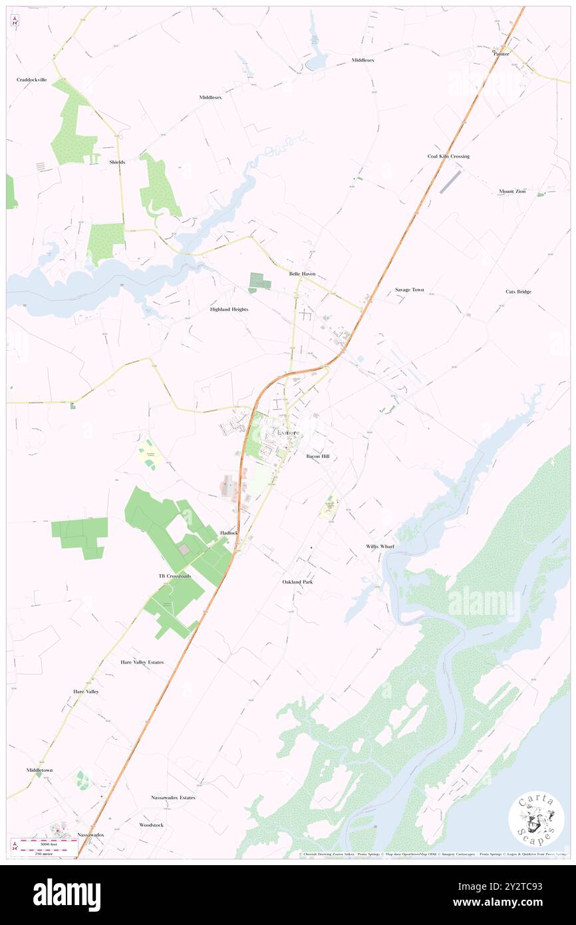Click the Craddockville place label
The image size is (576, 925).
click(32, 79)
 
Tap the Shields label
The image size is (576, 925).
click(117, 162)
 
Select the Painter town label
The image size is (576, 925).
click(500, 53)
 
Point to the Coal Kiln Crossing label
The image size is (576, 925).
click(448, 156)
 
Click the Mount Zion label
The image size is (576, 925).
click(512, 192)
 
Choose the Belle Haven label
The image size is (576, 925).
click(302, 274)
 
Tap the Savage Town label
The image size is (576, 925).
click(409, 290)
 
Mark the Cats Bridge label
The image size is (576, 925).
click(518, 291)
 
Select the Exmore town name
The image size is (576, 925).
click(287, 433)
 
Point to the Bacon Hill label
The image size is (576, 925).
click(317, 457)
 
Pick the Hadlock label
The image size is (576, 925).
click(229, 533)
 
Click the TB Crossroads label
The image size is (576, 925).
click(175, 576)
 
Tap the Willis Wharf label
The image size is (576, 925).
click(380, 546)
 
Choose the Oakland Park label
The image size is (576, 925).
click(297, 582)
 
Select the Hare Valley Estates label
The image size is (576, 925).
click(142, 662)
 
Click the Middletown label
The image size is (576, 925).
click(39, 770)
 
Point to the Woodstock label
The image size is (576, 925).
click(151, 825)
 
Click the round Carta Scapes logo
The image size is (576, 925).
click(536, 818)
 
